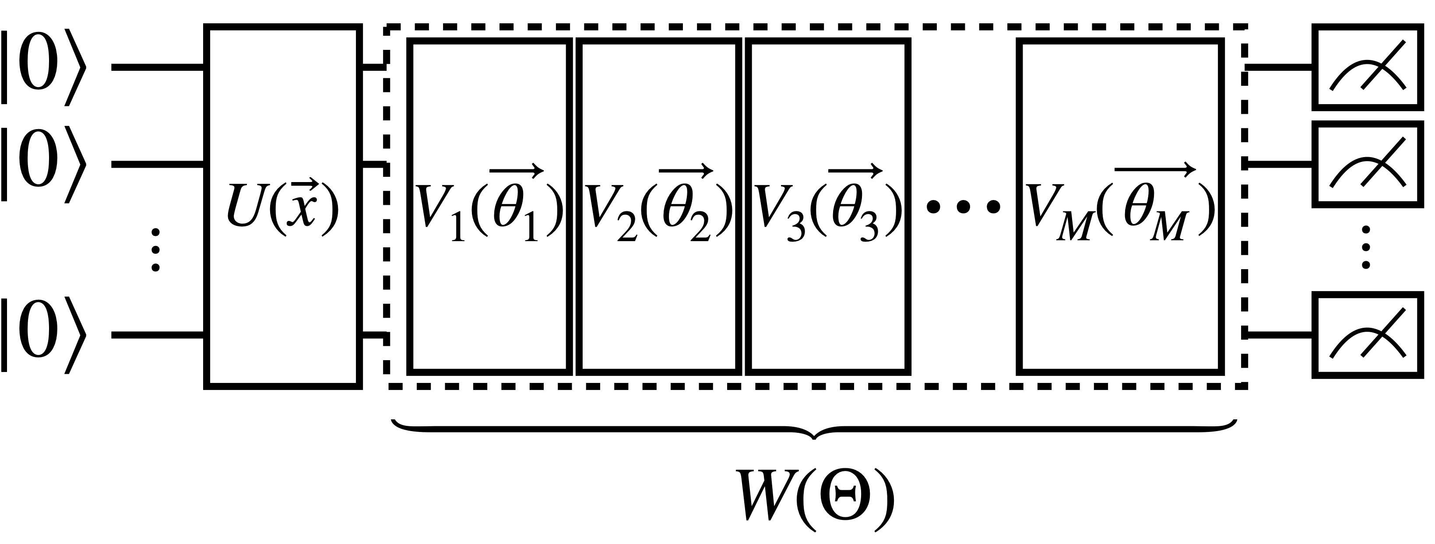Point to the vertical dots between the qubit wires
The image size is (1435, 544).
pos(156,250)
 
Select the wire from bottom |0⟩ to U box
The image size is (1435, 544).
pos(159,335)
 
